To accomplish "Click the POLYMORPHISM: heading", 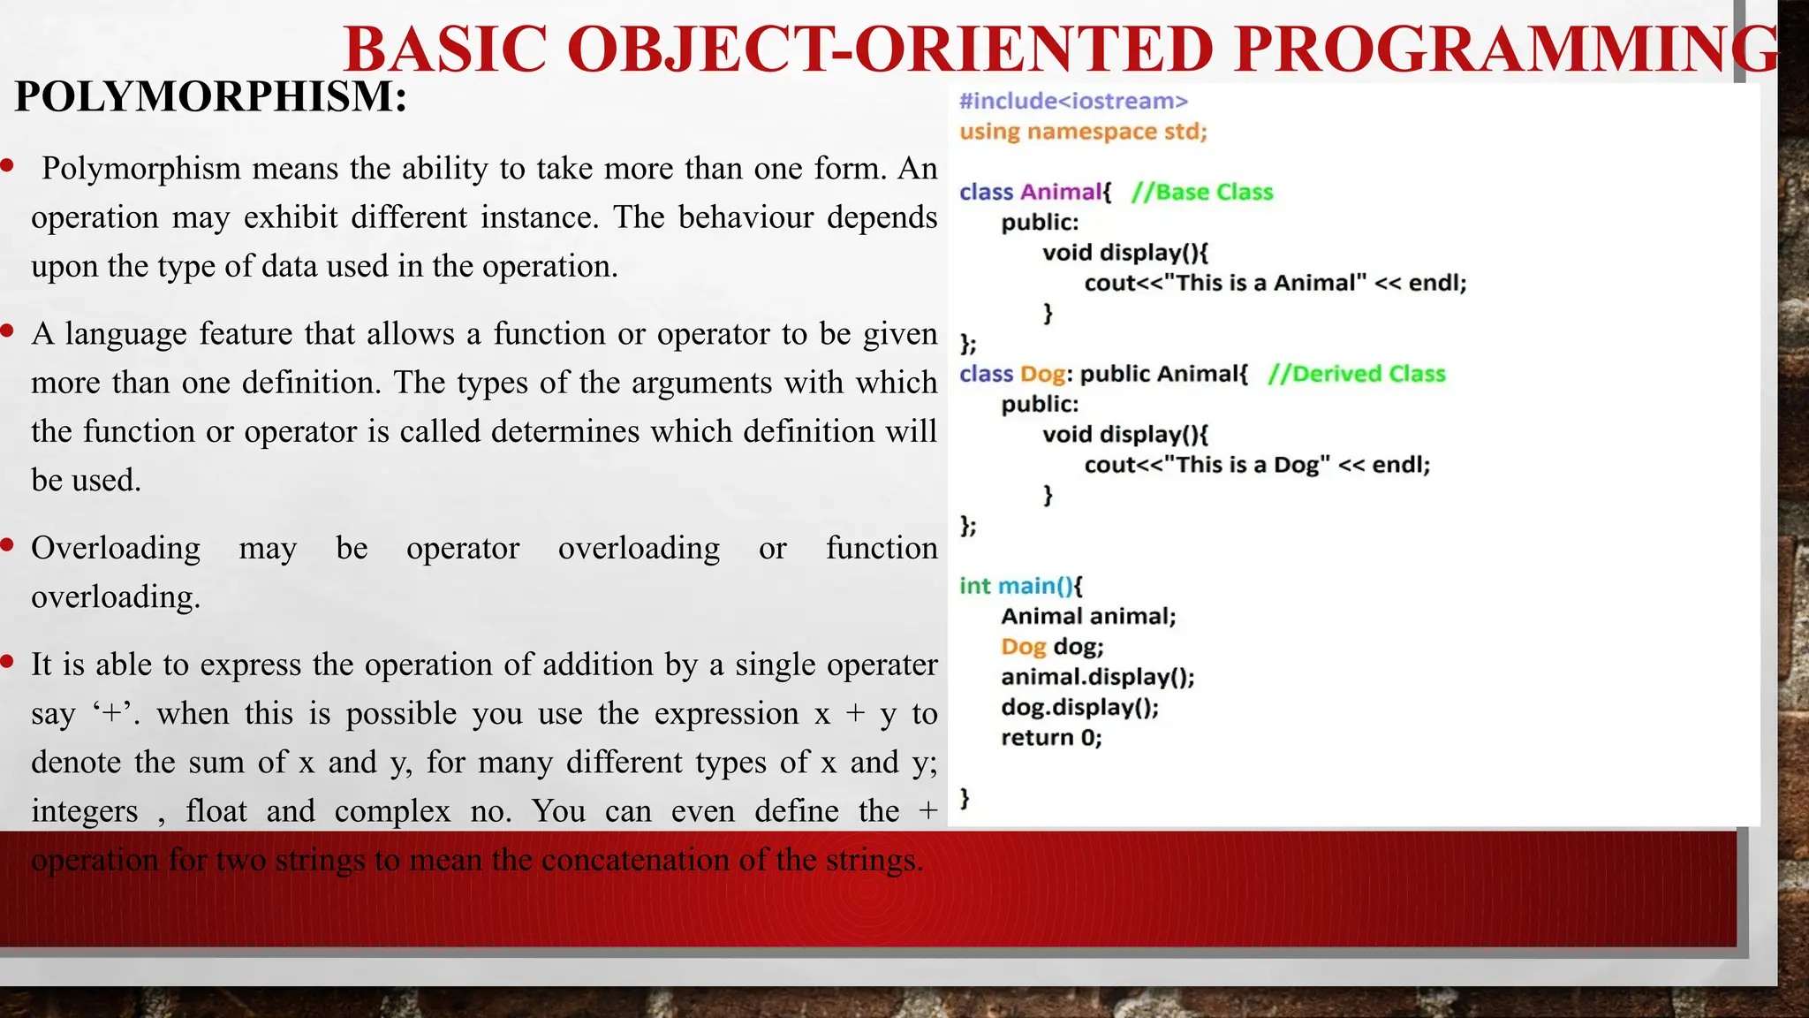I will click(210, 96).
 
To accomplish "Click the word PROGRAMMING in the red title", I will click(1506, 49).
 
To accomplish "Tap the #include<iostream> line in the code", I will click(1073, 101).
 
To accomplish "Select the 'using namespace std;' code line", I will click(1083, 132).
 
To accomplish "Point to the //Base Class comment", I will click(1202, 192).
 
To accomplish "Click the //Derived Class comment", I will click(1357, 374).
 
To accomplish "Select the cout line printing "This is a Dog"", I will click(1256, 465).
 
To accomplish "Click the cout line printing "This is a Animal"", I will click(1275, 283).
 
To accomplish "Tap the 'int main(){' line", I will click(1020, 586).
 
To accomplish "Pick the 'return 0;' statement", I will click(1051, 737).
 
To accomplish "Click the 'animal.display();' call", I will click(1097, 677).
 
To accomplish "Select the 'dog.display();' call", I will click(1079, 707).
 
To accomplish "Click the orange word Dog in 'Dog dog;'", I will click(1023, 647).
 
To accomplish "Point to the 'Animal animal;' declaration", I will click(1088, 616).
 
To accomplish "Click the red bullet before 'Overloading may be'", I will click(7, 545).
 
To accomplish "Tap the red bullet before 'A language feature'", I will click(7, 331).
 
